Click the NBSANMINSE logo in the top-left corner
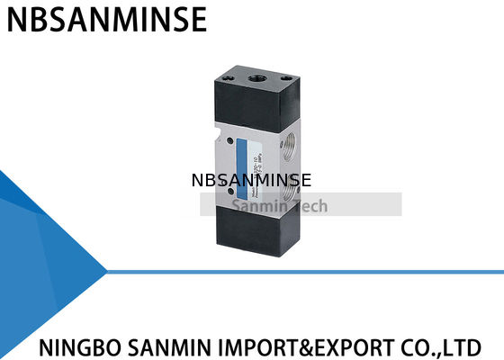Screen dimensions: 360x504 (x=106, y=19)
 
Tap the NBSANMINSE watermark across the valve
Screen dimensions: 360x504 (x=251, y=180)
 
